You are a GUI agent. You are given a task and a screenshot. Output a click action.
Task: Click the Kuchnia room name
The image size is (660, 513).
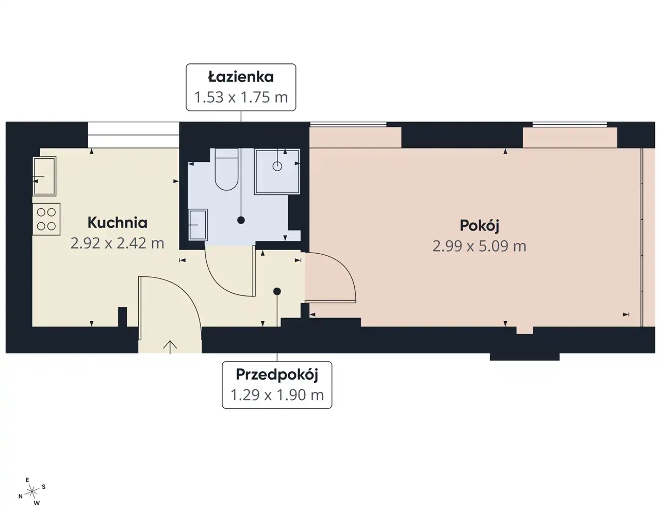click(118, 223)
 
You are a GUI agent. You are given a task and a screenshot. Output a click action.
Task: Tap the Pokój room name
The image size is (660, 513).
click(480, 226)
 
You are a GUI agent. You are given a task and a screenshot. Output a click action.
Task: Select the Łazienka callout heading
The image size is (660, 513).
click(241, 76)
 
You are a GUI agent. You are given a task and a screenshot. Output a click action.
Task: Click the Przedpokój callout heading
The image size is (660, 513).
click(277, 375)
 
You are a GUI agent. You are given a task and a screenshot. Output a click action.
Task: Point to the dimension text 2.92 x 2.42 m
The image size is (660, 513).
click(117, 243)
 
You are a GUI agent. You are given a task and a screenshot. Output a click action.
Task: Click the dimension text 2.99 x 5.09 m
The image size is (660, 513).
click(480, 246)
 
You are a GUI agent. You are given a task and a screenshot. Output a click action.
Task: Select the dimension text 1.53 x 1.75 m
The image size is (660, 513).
click(241, 97)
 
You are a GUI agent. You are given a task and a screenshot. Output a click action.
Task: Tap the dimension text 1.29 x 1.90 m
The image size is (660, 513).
click(277, 395)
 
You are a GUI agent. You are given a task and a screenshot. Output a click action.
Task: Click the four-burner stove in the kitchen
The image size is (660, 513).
click(46, 219)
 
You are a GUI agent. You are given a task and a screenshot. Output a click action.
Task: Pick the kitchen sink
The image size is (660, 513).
click(44, 176)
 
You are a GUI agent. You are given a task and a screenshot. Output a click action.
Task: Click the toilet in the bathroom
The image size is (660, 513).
click(226, 170)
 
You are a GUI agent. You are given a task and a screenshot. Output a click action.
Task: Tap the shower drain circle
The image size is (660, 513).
click(277, 166)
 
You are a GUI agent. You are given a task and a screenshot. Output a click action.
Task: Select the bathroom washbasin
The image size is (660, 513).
click(197, 225)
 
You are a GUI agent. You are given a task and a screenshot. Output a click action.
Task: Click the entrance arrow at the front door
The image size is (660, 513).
click(170, 347)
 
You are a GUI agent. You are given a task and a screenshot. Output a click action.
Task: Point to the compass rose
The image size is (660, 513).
click(32, 491)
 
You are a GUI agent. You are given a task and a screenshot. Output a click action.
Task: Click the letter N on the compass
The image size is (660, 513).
click(21, 497)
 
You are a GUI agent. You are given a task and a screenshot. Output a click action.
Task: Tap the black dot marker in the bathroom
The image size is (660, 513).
click(241, 220)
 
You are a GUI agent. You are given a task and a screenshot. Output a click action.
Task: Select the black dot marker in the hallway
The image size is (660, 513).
click(277, 291)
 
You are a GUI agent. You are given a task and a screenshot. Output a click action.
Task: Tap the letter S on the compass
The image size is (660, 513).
click(44, 487)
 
